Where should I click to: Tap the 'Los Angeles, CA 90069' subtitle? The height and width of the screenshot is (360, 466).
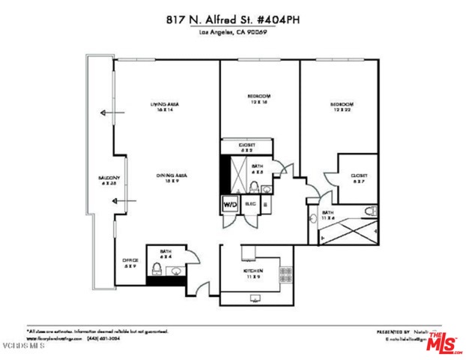(x=233, y=33)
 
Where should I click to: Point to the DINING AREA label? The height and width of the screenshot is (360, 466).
(x=171, y=178)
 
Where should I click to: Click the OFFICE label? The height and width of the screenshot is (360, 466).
(x=129, y=262)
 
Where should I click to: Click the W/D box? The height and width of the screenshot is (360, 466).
(x=229, y=203)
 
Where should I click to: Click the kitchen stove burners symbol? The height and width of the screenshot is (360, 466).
(x=285, y=271)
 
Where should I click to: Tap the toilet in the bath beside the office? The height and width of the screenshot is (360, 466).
(x=157, y=268)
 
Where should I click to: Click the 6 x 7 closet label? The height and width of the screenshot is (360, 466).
(x=358, y=178)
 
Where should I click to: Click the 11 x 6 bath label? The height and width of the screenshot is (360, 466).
(x=327, y=216)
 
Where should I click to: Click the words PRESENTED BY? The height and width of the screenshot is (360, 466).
(x=393, y=331)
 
